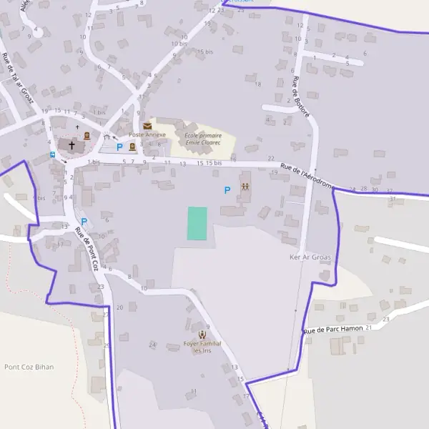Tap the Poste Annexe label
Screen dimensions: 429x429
point(147,134)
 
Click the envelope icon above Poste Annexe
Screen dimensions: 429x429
point(147,126)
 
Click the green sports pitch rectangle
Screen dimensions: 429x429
point(197,223)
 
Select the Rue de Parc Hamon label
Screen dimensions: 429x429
point(333,329)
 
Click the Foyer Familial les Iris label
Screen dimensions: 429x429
point(202,347)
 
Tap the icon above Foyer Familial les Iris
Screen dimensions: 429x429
point(202,334)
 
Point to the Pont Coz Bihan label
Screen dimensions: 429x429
point(29,367)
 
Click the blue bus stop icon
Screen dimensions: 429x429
point(51,154)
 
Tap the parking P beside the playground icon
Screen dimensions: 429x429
point(227,190)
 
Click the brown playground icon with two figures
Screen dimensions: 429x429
point(245,187)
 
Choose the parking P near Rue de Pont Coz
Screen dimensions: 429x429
point(84,222)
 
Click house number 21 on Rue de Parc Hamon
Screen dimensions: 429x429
point(369,327)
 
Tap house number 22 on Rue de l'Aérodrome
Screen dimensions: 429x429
point(270,158)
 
